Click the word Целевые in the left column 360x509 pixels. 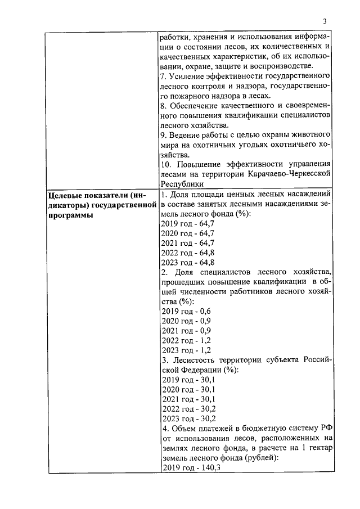coord(67,195)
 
